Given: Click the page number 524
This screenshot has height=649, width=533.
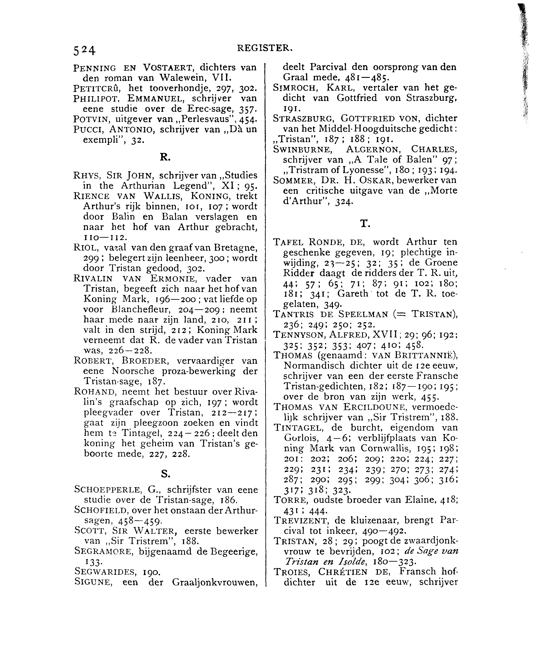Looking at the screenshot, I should coord(84,50).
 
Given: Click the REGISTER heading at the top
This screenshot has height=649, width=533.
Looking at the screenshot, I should coord(265,48).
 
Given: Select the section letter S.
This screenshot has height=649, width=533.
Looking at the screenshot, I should coord(165,474).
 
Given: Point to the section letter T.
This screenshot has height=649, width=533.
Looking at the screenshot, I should coord(365,224).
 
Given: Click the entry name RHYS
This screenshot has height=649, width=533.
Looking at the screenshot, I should coord(87,176).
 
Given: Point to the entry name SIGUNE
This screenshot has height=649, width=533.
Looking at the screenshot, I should coord(92,582).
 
